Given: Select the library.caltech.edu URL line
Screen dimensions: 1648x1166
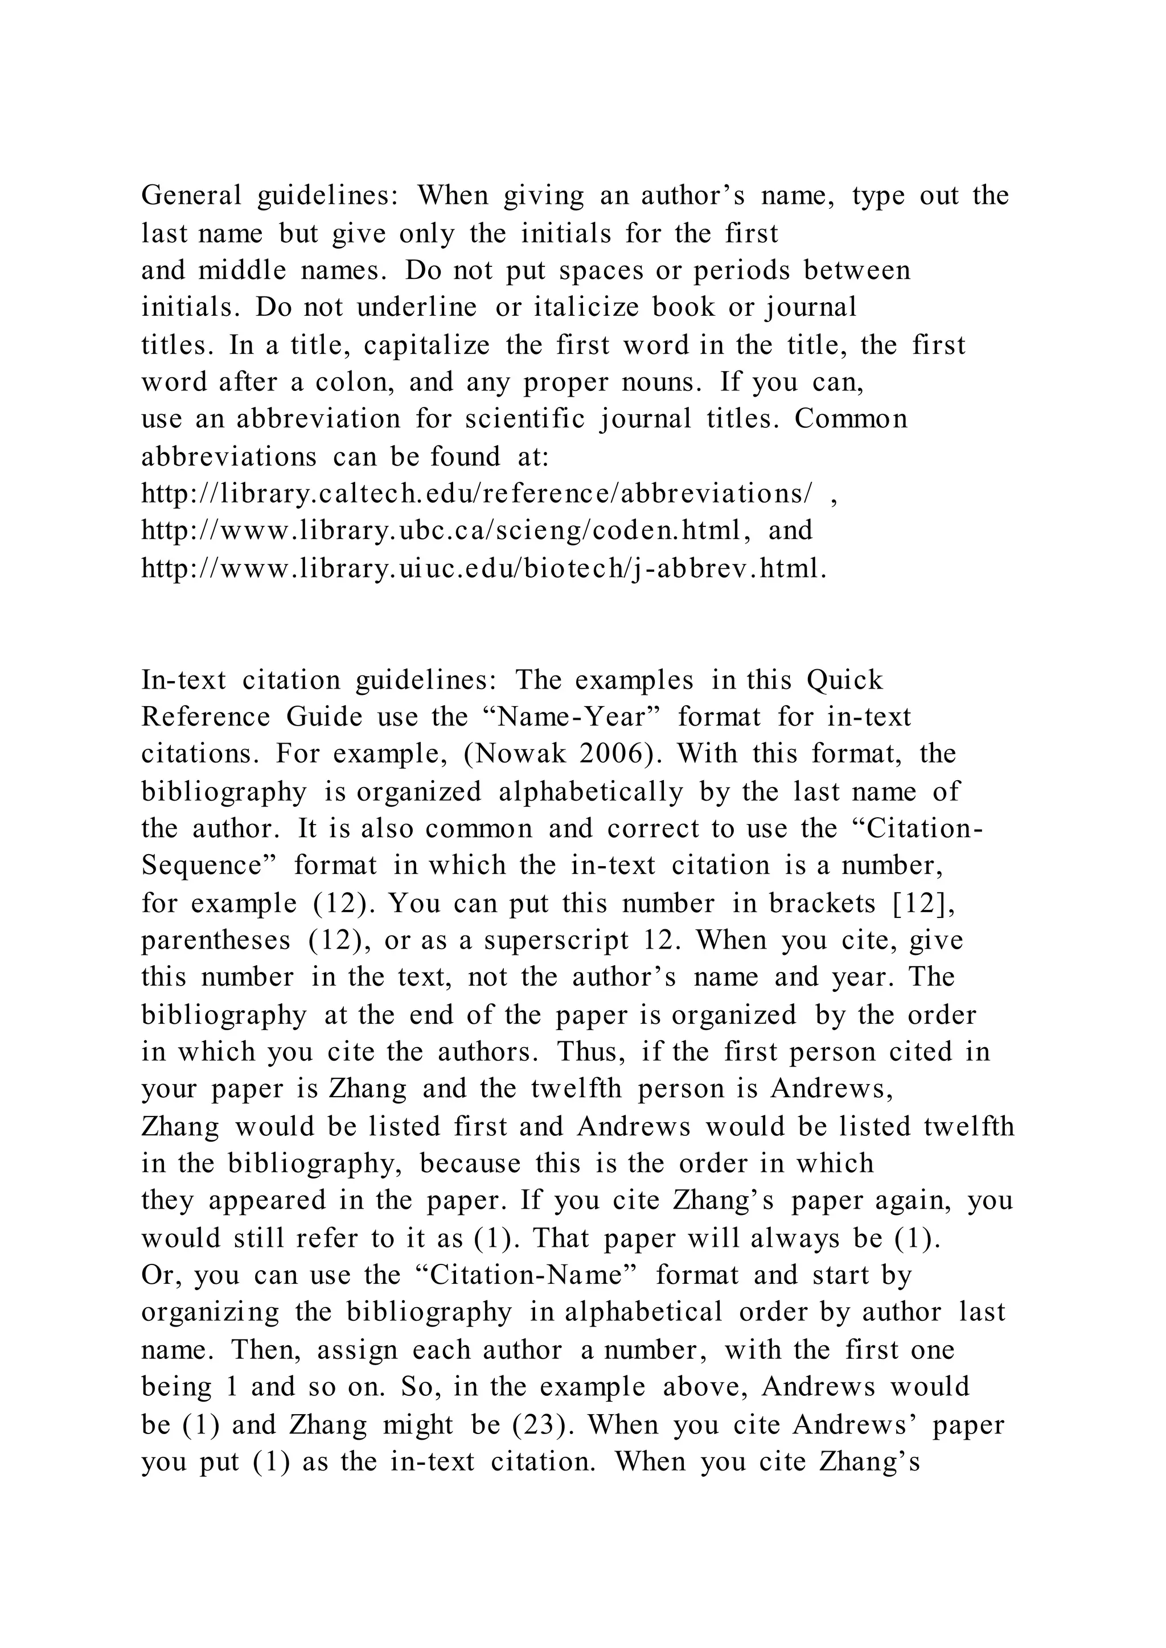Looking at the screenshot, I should [x=478, y=495].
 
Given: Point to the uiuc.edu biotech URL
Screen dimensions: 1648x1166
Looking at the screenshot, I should [x=484, y=569].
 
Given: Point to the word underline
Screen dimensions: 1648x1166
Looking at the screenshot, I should [x=416, y=308].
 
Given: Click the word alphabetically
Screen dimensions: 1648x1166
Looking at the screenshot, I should [x=591, y=792].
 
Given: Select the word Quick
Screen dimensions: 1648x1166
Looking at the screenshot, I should [x=844, y=679].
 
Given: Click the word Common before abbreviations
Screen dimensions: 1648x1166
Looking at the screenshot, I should [x=851, y=419].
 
